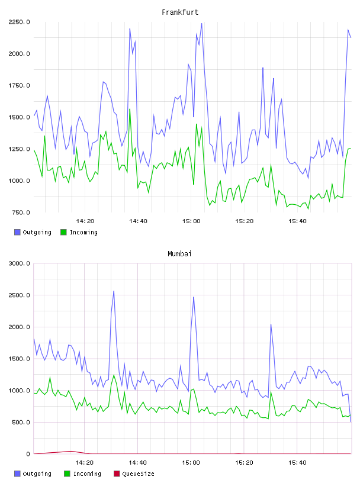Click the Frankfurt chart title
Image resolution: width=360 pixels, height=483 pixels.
(x=180, y=12)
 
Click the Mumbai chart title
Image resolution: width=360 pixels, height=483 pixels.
(x=179, y=254)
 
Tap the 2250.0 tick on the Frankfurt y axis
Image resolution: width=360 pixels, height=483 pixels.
(x=19, y=22)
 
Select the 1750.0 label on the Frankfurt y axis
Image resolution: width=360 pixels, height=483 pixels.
(x=19, y=86)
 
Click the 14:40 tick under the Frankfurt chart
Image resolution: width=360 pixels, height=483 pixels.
(x=138, y=221)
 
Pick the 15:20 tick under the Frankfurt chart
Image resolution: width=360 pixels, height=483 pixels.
(x=245, y=221)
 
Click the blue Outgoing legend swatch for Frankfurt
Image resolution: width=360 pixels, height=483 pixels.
(x=17, y=232)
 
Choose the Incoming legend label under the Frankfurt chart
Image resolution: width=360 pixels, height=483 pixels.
(x=83, y=233)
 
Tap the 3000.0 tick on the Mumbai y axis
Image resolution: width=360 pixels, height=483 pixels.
(x=19, y=263)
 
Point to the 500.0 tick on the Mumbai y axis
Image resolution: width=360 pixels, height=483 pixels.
(x=21, y=422)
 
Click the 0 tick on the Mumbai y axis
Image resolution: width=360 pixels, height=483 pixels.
(x=28, y=454)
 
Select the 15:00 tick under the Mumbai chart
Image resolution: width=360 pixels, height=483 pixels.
(x=191, y=463)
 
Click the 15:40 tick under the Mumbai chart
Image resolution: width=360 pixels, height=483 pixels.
(x=297, y=463)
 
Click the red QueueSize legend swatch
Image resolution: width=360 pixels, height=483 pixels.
(x=117, y=474)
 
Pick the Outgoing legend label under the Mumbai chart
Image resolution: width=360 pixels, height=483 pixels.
(x=37, y=474)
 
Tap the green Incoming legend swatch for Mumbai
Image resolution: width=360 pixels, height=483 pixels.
(x=67, y=474)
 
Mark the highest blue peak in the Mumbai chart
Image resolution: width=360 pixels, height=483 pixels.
(x=114, y=291)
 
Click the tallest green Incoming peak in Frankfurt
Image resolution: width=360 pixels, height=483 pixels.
(x=130, y=109)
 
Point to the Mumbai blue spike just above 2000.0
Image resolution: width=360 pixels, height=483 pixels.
(x=271, y=324)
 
